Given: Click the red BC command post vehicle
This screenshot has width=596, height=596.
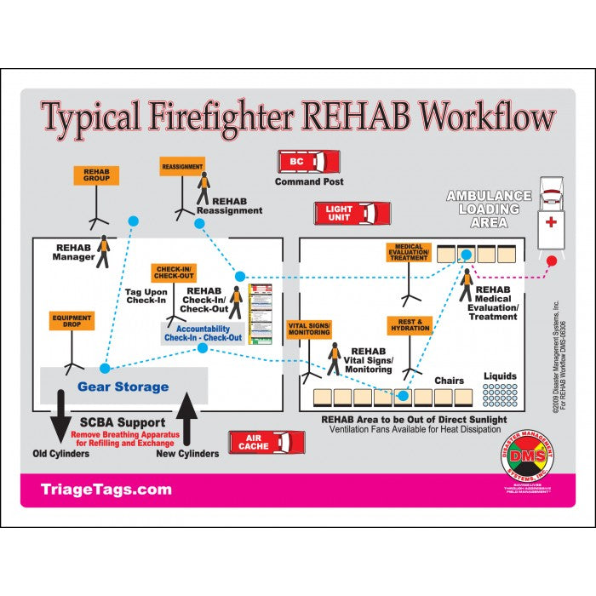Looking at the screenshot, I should click(308, 162).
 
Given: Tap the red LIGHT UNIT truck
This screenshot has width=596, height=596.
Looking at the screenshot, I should click(352, 212).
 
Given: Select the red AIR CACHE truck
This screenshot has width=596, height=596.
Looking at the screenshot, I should click(266, 442).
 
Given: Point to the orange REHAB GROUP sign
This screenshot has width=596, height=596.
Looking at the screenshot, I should click(95, 175).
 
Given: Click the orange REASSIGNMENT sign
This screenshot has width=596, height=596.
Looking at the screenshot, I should click(182, 166).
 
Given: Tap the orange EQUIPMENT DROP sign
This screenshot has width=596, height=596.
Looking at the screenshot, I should click(71, 322).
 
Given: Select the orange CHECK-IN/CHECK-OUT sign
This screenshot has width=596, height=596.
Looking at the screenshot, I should click(174, 272).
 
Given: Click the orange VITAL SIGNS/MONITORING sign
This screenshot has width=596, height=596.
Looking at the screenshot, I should click(308, 330).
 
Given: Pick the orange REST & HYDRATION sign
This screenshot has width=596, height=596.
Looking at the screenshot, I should click(410, 325).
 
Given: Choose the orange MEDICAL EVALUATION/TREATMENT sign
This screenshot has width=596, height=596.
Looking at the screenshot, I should click(409, 253).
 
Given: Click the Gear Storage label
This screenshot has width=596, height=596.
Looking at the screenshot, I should click(123, 387).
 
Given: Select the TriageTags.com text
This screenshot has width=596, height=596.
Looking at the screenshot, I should click(106, 490).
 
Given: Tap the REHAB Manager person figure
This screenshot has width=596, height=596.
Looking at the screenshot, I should click(103, 251).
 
